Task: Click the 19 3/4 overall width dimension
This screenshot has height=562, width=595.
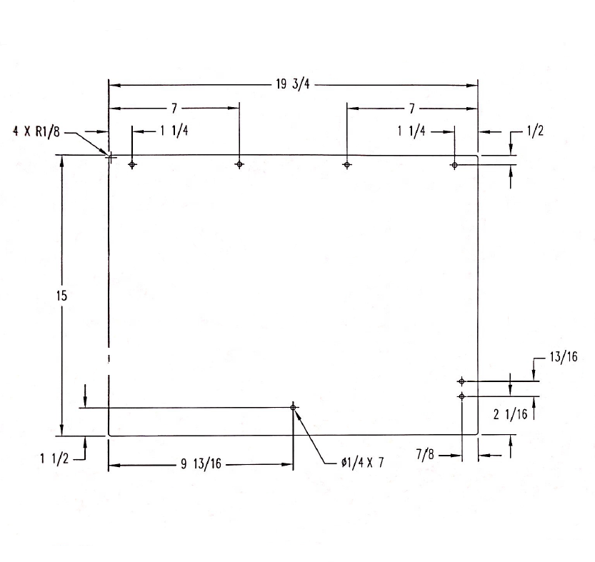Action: [x=293, y=84]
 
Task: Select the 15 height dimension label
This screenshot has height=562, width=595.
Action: [x=61, y=296]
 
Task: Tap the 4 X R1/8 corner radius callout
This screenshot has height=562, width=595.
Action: [x=36, y=131]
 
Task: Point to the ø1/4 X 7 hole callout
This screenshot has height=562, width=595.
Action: [x=362, y=463]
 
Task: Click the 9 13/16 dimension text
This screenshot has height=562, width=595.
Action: [x=201, y=463]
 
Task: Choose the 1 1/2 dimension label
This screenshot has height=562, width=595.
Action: [x=54, y=458]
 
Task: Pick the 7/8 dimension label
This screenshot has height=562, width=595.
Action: [x=425, y=454]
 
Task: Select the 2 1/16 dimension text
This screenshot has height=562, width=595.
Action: [x=511, y=414]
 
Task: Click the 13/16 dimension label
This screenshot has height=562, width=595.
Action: [x=564, y=357]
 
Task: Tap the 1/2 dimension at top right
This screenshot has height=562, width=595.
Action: [x=535, y=131]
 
